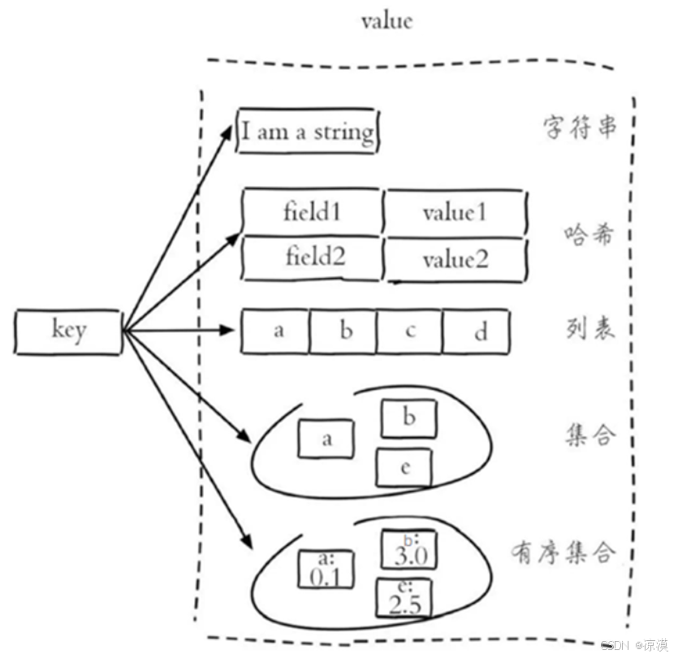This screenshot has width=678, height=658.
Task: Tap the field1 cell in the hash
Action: pos(312,212)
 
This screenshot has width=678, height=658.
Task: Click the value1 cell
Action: pos(454,212)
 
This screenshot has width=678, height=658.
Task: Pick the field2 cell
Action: pos(314,258)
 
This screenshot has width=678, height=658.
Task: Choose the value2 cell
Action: pos(455,260)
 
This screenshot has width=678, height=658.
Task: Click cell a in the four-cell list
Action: pos(276,331)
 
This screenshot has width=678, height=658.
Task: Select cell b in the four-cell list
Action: pos(343,331)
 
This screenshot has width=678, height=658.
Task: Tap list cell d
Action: pos(477,332)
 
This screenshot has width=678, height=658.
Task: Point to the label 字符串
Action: pos(578,128)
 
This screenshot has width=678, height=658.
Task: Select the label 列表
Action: pos(589,327)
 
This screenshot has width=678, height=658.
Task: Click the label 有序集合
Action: pos(563,552)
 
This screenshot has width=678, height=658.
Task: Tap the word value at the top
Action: pos(387,19)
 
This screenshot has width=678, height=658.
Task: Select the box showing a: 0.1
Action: pos(325,569)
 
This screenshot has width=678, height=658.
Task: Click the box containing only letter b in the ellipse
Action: pos(409,419)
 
